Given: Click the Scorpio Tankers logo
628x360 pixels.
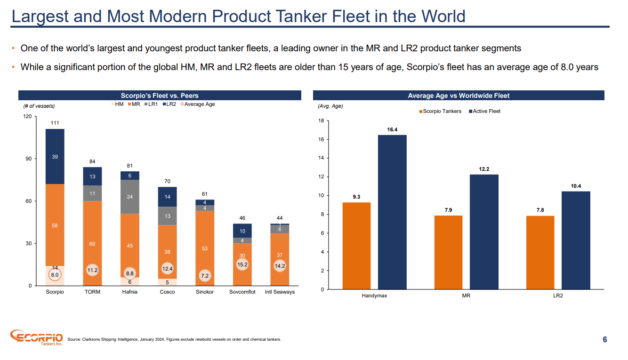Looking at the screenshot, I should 36,337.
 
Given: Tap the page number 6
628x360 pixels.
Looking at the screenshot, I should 605,340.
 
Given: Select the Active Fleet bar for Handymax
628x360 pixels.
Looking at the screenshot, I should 392,212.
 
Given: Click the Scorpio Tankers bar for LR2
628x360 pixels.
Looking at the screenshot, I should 540,252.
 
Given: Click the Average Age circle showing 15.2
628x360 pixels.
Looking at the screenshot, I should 243,264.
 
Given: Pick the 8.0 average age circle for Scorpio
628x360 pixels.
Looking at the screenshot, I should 55,274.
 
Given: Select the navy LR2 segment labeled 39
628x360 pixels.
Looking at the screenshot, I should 55,157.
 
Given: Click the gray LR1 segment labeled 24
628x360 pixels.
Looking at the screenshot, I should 130,197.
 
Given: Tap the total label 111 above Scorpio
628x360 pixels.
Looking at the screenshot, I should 55,123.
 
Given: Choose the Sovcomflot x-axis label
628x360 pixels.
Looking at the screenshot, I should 242,292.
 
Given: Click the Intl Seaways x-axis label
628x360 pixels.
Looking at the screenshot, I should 280,292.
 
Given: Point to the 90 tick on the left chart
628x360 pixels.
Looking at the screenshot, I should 28,159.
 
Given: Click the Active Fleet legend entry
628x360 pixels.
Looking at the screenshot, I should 484,111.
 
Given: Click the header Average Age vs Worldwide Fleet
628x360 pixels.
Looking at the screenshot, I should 459,96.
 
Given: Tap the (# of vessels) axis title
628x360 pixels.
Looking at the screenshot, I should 39,106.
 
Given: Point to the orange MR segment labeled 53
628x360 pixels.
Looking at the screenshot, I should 205,248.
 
